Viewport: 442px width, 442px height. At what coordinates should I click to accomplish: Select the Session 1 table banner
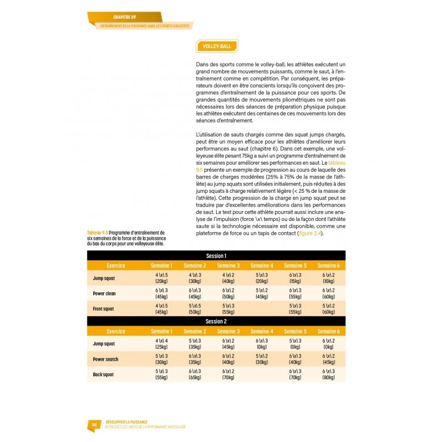pyautogui.click(x=215, y=256)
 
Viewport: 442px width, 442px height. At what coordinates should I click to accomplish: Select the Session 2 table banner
pyautogui.click(x=215, y=321)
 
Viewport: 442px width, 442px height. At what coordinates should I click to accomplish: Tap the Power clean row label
pyautogui.click(x=104, y=293)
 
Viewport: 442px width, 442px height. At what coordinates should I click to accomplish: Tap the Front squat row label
pyautogui.click(x=103, y=308)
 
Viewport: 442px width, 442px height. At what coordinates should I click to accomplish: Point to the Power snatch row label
pyautogui.click(x=106, y=359)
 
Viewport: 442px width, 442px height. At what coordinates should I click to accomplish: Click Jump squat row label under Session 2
pyautogui.click(x=104, y=344)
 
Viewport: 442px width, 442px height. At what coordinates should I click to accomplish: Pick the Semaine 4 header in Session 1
pyautogui.click(x=261, y=266)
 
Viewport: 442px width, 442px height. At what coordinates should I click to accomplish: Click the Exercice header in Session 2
pyautogui.click(x=116, y=331)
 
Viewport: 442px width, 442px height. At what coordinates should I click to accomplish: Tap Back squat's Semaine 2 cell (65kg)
pyautogui.click(x=194, y=374)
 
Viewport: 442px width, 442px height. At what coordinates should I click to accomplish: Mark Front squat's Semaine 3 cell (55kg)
pyautogui.click(x=228, y=308)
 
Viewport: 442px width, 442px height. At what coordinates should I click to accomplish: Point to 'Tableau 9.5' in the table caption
pyautogui.click(x=97, y=231)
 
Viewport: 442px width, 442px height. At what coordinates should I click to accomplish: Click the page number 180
pyautogui.click(x=94, y=425)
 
